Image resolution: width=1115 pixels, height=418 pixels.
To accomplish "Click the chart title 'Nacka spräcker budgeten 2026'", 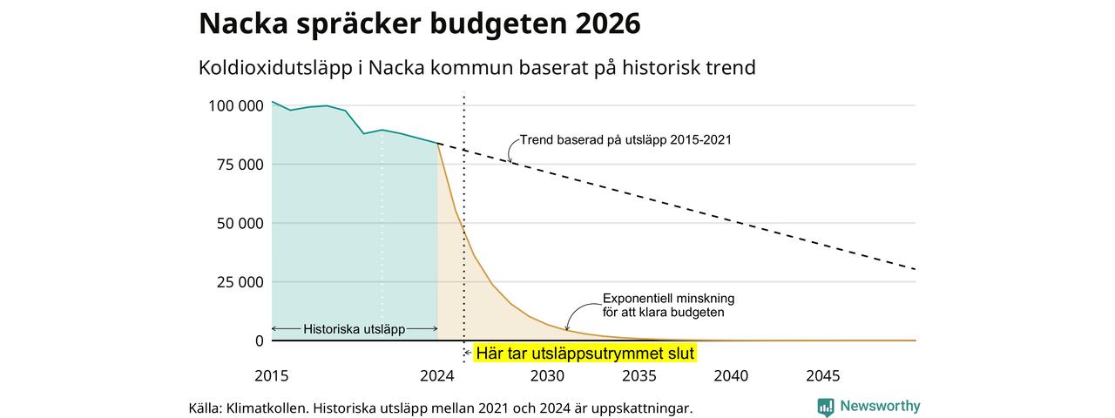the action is (x=419, y=24).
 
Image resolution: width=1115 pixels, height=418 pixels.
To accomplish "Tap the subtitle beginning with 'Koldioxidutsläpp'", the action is (x=476, y=68).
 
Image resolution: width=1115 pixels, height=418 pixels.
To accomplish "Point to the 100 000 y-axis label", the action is (x=236, y=106).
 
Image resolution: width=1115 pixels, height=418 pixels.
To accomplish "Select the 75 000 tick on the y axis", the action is (x=240, y=165).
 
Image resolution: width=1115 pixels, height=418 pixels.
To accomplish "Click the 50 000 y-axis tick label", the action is (x=240, y=224).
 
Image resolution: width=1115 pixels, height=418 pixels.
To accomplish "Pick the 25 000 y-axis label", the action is (x=240, y=282).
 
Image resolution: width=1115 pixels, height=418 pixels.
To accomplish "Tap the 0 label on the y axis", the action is (x=260, y=340).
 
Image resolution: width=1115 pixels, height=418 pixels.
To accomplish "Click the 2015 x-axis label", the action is (x=271, y=375).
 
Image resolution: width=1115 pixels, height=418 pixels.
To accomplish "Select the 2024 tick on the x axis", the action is (x=437, y=375).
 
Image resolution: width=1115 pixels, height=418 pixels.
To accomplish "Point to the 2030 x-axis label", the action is (x=548, y=375).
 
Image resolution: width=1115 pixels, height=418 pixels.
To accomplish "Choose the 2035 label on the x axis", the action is (x=639, y=375).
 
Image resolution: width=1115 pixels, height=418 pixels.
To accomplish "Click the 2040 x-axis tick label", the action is (x=731, y=375).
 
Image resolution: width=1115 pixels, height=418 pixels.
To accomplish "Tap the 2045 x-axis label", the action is (x=823, y=375).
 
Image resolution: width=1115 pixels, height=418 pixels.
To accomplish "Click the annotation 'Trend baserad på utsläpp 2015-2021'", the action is (x=625, y=140).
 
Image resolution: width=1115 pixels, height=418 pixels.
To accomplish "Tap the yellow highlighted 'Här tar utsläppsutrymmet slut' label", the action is (x=585, y=354).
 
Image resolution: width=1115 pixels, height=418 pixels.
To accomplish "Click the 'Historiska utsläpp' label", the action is (x=354, y=329).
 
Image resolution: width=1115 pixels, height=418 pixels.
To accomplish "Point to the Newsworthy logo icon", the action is (x=825, y=407).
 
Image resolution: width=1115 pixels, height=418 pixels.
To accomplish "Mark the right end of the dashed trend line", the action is (x=915, y=269).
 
